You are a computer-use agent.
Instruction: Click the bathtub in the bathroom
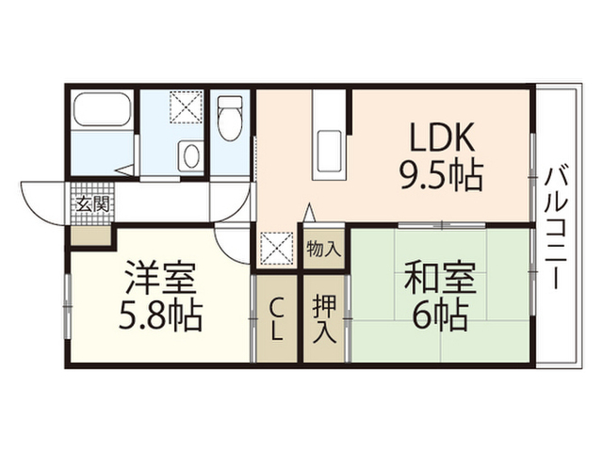coord(102,108)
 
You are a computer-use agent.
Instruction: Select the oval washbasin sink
coord(190,155)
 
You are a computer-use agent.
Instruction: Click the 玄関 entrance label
coord(92,204)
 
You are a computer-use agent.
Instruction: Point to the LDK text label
coord(442,138)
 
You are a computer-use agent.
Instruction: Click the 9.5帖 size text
coord(442,176)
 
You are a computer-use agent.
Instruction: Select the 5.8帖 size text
coord(160,316)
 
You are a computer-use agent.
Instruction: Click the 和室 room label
coord(440,278)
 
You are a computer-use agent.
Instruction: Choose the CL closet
coord(277,319)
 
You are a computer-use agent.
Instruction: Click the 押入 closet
coord(324,319)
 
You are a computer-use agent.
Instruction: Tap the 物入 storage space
coord(324,250)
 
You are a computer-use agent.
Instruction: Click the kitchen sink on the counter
coord(329,152)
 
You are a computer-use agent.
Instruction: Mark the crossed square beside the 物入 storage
coord(277,249)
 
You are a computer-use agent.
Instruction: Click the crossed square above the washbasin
coord(187,107)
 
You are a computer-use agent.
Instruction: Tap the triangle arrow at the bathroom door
coord(124,170)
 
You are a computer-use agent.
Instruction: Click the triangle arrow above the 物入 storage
coord(310,212)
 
